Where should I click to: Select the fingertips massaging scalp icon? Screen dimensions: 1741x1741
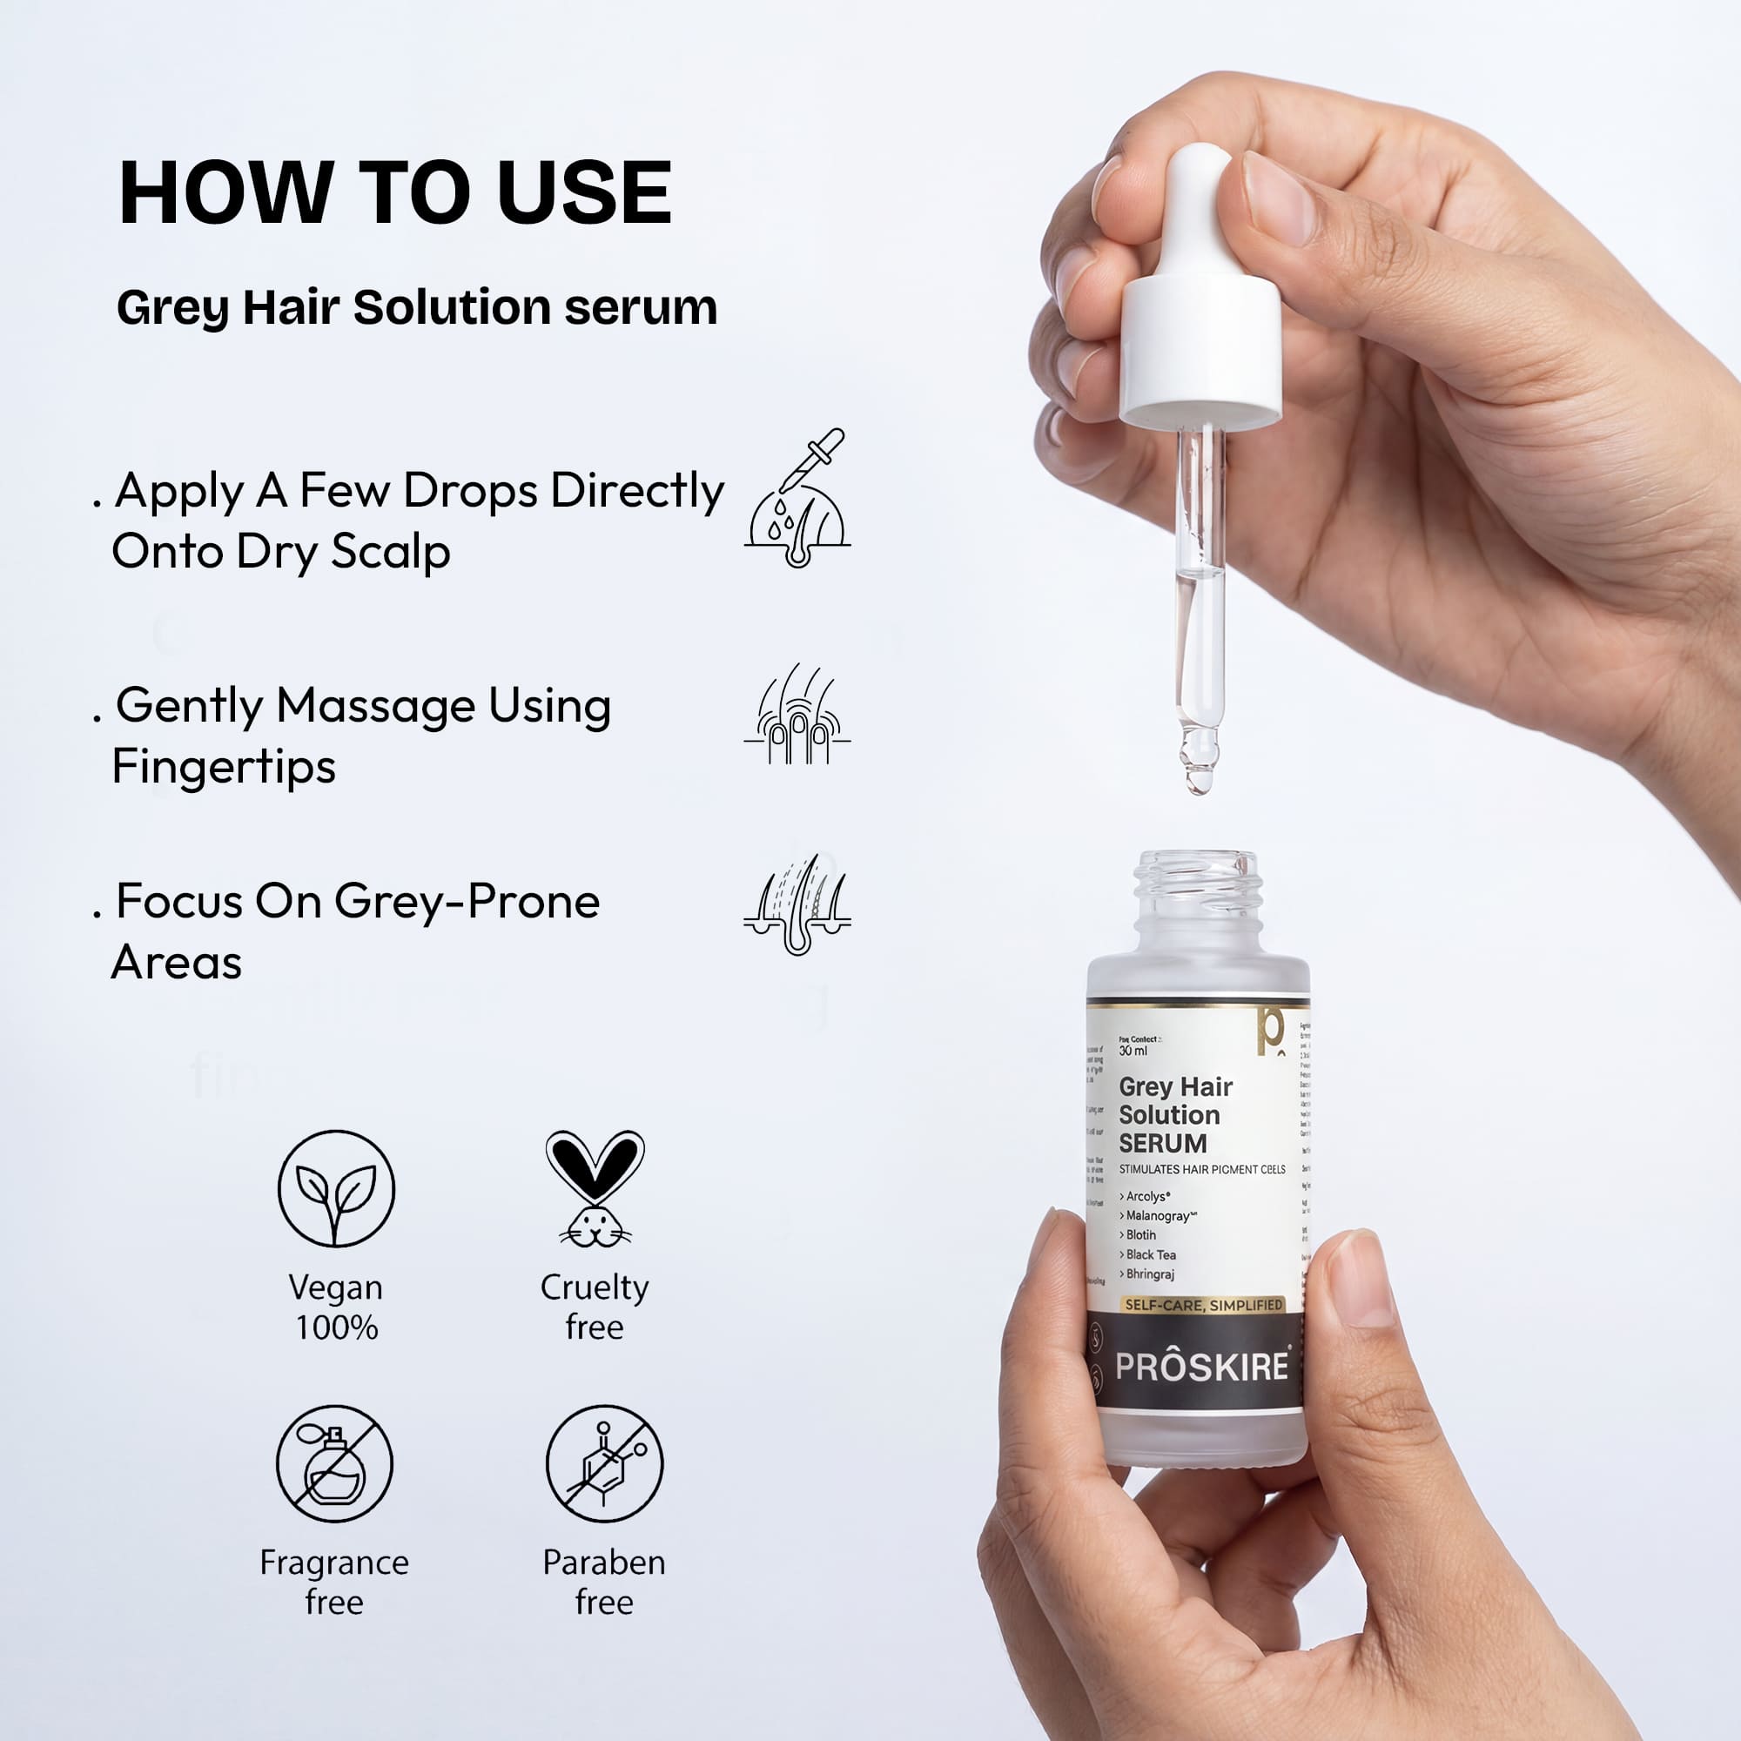(x=797, y=716)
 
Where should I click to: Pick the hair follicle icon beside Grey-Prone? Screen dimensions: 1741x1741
(x=797, y=904)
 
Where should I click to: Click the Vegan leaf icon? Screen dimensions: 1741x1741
(x=336, y=1188)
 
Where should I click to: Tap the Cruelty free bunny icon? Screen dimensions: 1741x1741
(x=595, y=1188)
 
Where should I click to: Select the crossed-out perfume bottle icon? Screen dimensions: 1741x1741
(x=334, y=1463)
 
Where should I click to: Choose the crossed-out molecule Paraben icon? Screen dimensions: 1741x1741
(x=604, y=1463)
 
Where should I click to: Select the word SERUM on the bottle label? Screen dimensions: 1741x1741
(x=1162, y=1144)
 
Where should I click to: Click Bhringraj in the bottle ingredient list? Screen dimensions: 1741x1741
(x=1150, y=1274)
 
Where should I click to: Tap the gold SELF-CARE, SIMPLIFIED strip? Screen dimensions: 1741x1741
(x=1203, y=1305)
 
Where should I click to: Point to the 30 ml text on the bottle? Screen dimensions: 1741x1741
(x=1133, y=1051)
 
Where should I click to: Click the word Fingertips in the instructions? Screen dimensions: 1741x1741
(x=224, y=768)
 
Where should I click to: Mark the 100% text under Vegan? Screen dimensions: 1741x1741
(x=336, y=1328)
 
